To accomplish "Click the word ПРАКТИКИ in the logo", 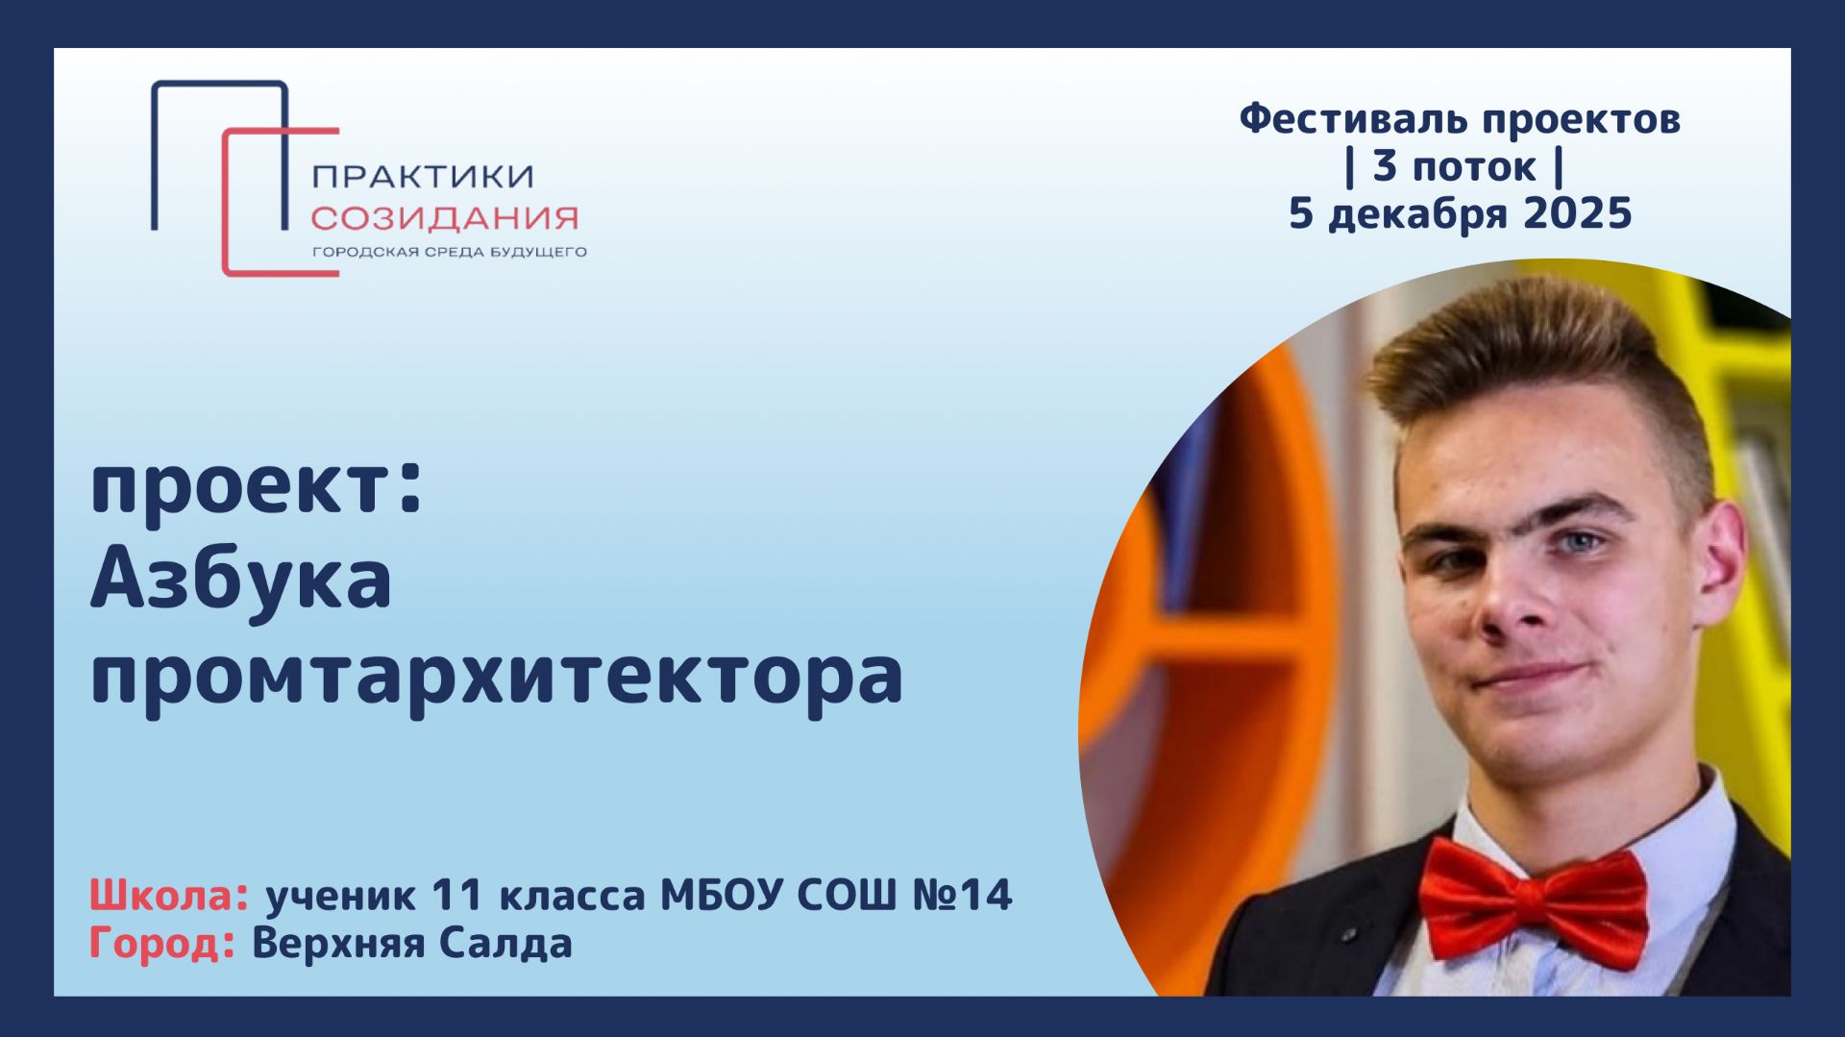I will (423, 176).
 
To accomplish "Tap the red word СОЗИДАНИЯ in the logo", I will (444, 218).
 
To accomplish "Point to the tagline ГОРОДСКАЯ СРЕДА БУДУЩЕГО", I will (449, 253).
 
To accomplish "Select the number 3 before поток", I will (1384, 165).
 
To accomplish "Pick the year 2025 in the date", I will (1578, 212).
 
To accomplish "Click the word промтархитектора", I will (496, 677).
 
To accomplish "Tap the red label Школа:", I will (169, 896).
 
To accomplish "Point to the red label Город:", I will (162, 943).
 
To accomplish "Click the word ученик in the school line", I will (341, 896).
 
